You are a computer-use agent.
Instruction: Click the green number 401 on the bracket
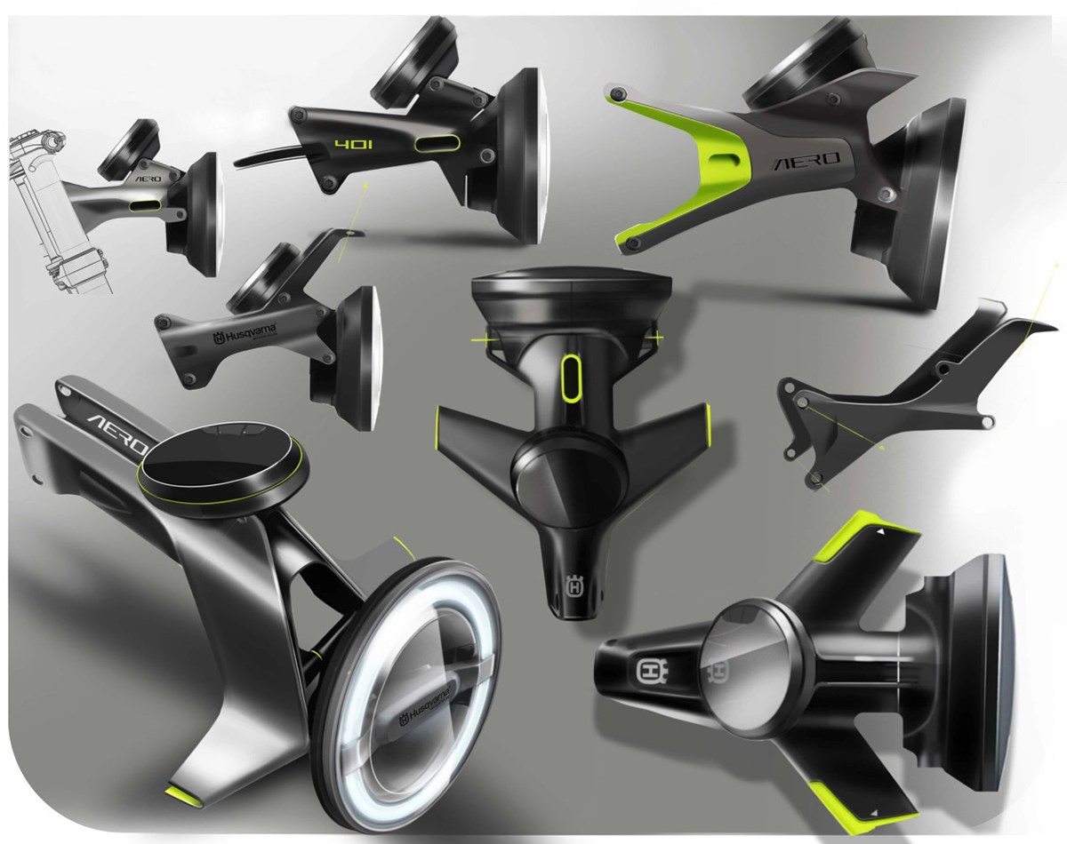coord(348,143)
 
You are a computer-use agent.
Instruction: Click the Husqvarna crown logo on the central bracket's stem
coord(574,587)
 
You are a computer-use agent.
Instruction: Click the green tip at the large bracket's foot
coord(183,789)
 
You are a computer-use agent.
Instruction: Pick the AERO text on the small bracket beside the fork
coord(149,177)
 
